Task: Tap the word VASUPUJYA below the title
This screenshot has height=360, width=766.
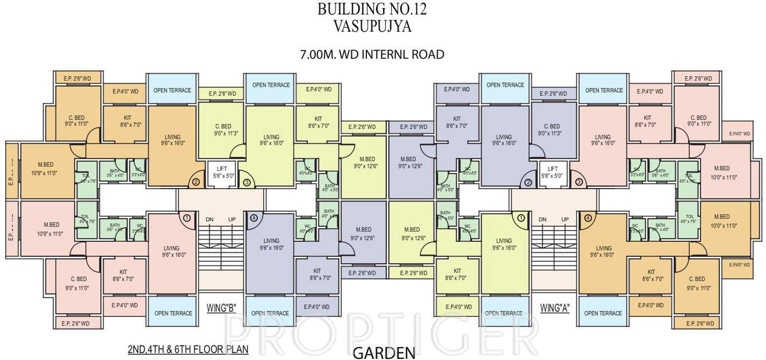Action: click(x=372, y=26)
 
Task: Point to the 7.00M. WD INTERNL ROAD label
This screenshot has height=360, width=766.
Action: click(x=372, y=55)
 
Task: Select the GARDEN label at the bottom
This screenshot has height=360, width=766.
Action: click(x=384, y=353)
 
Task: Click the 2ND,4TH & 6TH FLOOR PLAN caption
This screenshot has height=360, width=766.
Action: click(x=189, y=349)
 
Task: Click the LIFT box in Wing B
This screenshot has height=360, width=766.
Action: click(x=222, y=173)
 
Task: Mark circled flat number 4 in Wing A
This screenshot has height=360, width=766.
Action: click(x=587, y=218)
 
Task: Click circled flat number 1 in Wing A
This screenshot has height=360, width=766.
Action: click(x=521, y=218)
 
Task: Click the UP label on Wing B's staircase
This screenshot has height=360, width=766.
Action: click(x=232, y=220)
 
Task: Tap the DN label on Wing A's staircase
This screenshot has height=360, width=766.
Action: click(x=542, y=220)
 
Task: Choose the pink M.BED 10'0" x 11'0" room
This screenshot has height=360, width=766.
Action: click(x=721, y=172)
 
